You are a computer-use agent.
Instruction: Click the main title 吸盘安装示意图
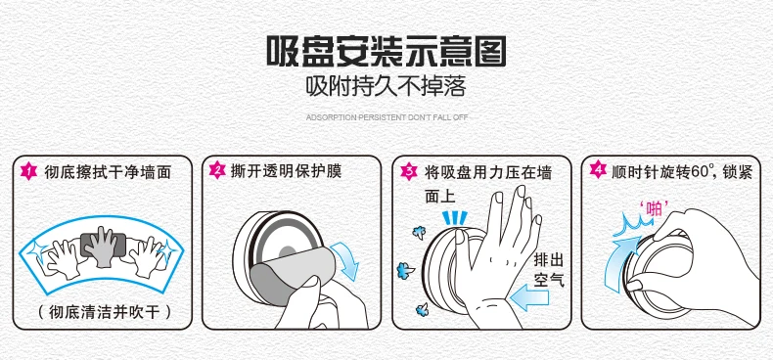click(386, 51)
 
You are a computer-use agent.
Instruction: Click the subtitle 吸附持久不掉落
click(386, 87)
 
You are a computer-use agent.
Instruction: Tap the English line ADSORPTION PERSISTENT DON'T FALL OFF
click(386, 117)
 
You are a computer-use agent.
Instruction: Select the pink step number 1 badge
click(28, 171)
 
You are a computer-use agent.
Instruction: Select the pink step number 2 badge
click(217, 171)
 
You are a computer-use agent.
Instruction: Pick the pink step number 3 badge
click(408, 171)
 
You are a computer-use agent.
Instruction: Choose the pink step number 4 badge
click(598, 171)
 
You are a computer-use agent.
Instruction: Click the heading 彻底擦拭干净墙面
click(108, 172)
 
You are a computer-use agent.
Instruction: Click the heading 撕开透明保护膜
click(287, 171)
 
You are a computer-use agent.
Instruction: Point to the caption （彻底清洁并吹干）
click(104, 312)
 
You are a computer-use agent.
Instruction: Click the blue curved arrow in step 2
click(345, 260)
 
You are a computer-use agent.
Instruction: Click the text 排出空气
click(549, 270)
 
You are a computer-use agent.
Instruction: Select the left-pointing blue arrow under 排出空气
click(528, 298)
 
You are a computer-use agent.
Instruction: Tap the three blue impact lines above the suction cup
click(455, 217)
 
